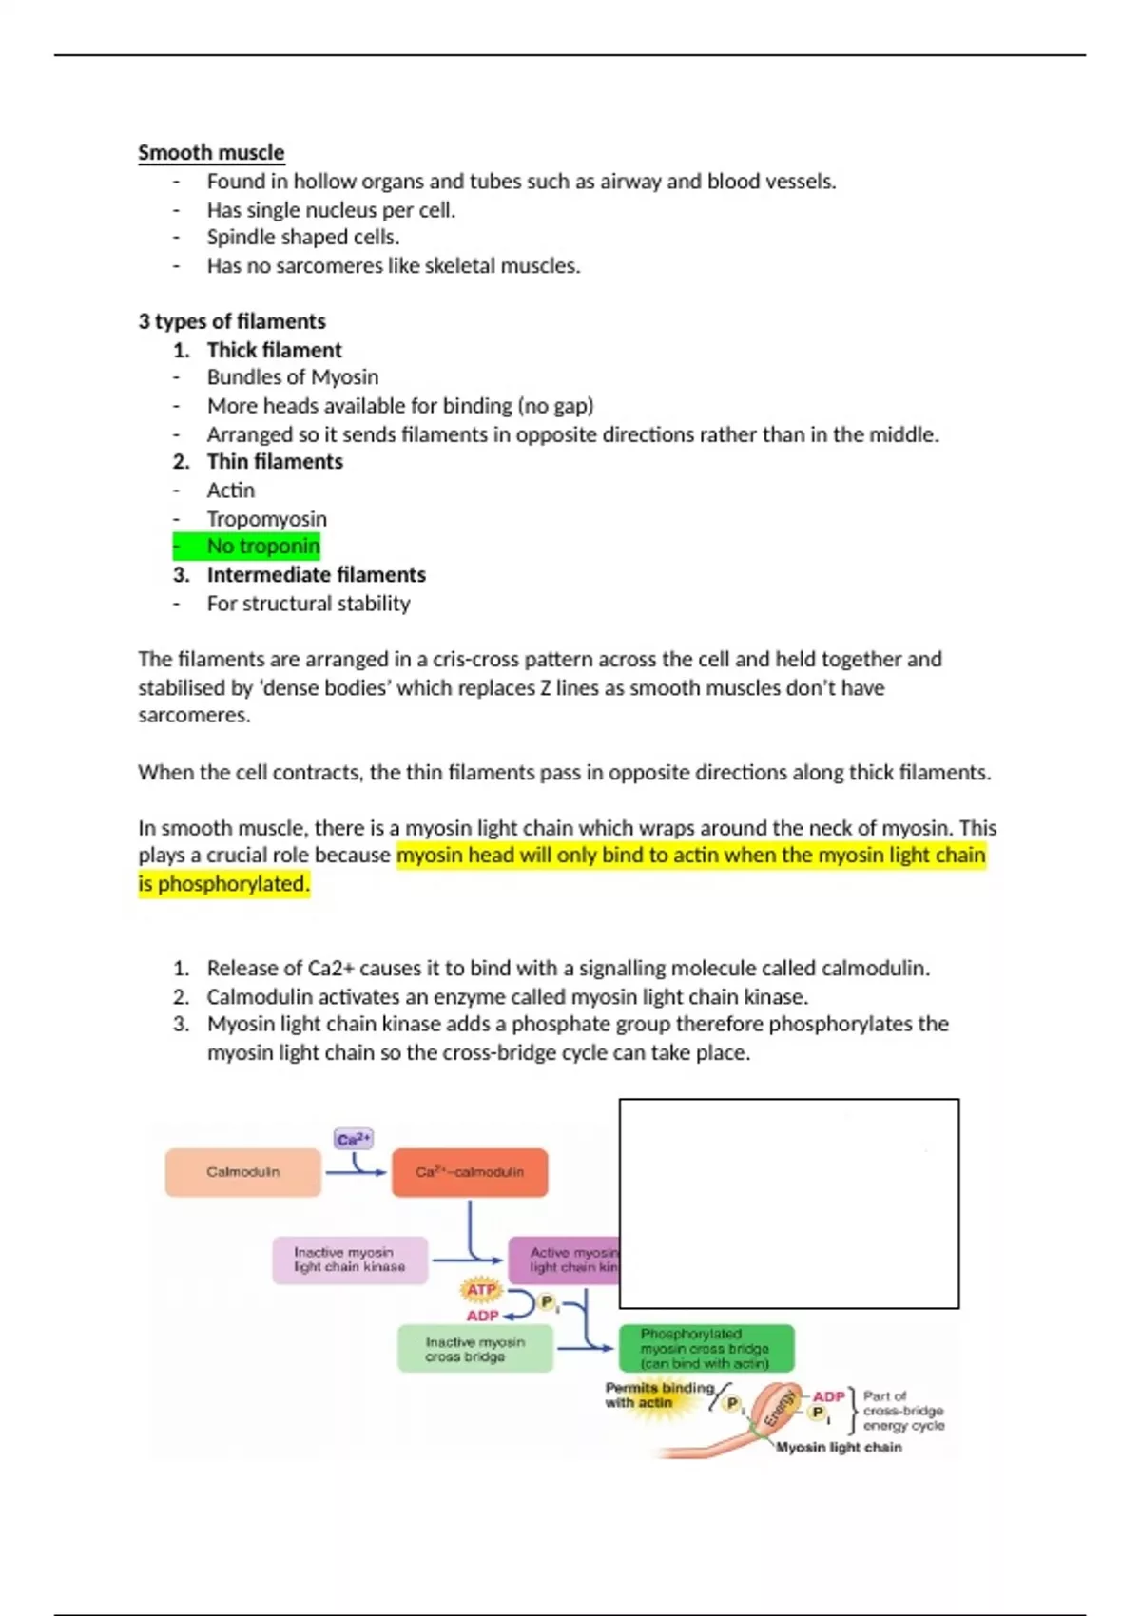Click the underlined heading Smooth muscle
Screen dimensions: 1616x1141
pyautogui.click(x=211, y=153)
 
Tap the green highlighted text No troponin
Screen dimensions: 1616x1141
pyautogui.click(x=262, y=547)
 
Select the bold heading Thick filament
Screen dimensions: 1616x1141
pyautogui.click(x=274, y=350)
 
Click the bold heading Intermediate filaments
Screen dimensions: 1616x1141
pyautogui.click(x=316, y=575)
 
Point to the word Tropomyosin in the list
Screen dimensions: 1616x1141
pyautogui.click(x=266, y=519)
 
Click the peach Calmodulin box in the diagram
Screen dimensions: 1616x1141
pyautogui.click(x=242, y=1172)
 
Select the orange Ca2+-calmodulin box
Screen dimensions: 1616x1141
pyautogui.click(x=470, y=1172)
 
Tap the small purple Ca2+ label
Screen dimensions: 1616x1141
pyautogui.click(x=354, y=1139)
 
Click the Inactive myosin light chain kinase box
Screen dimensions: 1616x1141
pyautogui.click(x=349, y=1260)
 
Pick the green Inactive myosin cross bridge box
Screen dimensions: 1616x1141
pyautogui.click(x=474, y=1349)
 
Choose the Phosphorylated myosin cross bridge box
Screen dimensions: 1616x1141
pyautogui.click(x=706, y=1349)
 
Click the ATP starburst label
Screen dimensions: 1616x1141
pyautogui.click(x=481, y=1290)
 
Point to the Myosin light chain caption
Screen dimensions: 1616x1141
pyautogui.click(x=839, y=1448)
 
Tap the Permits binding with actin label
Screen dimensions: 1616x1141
pyautogui.click(x=656, y=1395)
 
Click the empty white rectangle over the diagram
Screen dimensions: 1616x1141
pyautogui.click(x=788, y=1203)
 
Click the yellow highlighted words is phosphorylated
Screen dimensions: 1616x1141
pyautogui.click(x=223, y=884)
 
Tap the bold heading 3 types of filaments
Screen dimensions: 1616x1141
pyautogui.click(x=232, y=321)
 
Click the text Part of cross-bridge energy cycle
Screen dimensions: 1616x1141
pyautogui.click(x=902, y=1411)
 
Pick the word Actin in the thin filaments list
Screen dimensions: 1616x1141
pyautogui.click(x=231, y=491)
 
